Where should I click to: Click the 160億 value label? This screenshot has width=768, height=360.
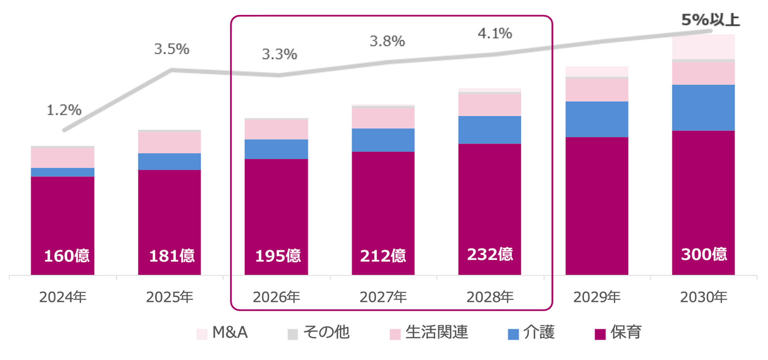[66, 256]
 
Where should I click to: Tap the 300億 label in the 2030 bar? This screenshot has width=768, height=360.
[704, 254]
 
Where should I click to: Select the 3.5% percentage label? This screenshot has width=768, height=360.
[172, 49]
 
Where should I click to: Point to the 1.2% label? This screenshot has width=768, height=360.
[64, 110]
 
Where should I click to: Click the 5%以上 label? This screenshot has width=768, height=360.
[710, 20]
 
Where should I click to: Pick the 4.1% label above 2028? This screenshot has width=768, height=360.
[495, 34]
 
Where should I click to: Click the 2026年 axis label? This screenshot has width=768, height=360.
[276, 297]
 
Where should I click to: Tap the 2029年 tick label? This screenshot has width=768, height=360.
[597, 297]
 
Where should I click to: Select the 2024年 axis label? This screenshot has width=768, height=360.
[63, 297]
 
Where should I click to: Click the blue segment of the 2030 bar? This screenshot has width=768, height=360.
[703, 108]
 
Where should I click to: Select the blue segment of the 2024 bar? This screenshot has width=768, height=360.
[63, 172]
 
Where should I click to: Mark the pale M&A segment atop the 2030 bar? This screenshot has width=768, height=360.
[703, 47]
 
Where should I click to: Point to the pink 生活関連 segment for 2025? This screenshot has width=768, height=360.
[170, 143]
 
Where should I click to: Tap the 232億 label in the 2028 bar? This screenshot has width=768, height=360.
[490, 254]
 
